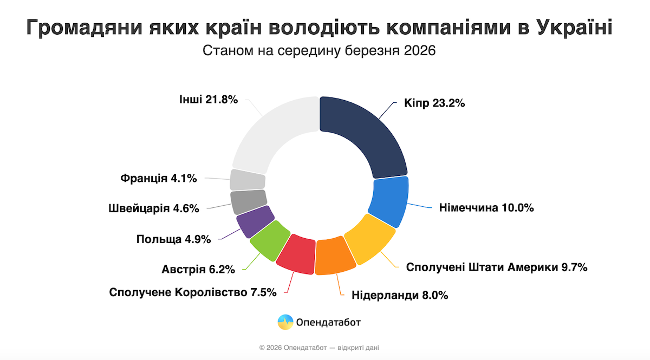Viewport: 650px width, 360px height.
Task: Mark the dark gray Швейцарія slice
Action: click(248, 201)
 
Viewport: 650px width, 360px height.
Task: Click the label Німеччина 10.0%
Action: click(486, 208)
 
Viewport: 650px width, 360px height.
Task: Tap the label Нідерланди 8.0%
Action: click(400, 296)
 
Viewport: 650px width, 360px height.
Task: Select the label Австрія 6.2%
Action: click(198, 269)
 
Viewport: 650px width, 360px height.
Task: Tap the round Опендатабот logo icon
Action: click(285, 323)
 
